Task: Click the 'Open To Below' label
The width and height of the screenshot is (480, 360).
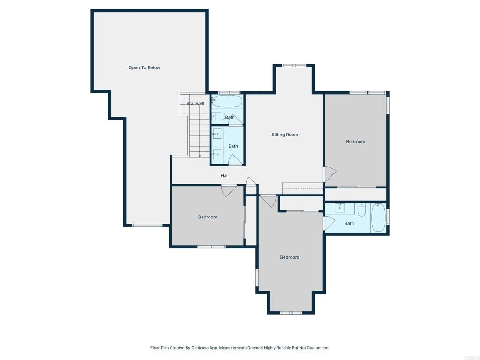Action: [144, 67]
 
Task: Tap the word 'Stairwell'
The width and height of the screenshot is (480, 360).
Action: [195, 103]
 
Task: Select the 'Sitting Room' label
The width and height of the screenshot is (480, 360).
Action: [285, 135]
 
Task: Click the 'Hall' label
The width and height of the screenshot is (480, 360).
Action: [225, 176]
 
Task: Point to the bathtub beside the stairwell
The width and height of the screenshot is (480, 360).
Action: [227, 101]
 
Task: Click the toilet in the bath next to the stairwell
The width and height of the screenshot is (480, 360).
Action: [218, 116]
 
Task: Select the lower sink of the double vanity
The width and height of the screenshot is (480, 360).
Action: [217, 154]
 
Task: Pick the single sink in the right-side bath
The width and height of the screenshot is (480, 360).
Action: [344, 208]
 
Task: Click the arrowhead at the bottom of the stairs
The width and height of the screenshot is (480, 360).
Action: [200, 155]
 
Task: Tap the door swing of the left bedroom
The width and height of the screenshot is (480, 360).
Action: [229, 190]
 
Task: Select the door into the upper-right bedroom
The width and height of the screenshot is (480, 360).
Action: [330, 174]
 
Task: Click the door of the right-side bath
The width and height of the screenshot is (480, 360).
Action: [329, 223]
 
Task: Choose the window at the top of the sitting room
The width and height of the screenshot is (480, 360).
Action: [294, 66]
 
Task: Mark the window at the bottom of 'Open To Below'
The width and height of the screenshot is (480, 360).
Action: [147, 225]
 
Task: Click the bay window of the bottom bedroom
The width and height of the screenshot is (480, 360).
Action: [291, 312]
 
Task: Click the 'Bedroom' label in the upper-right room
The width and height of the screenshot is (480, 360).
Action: [355, 142]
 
